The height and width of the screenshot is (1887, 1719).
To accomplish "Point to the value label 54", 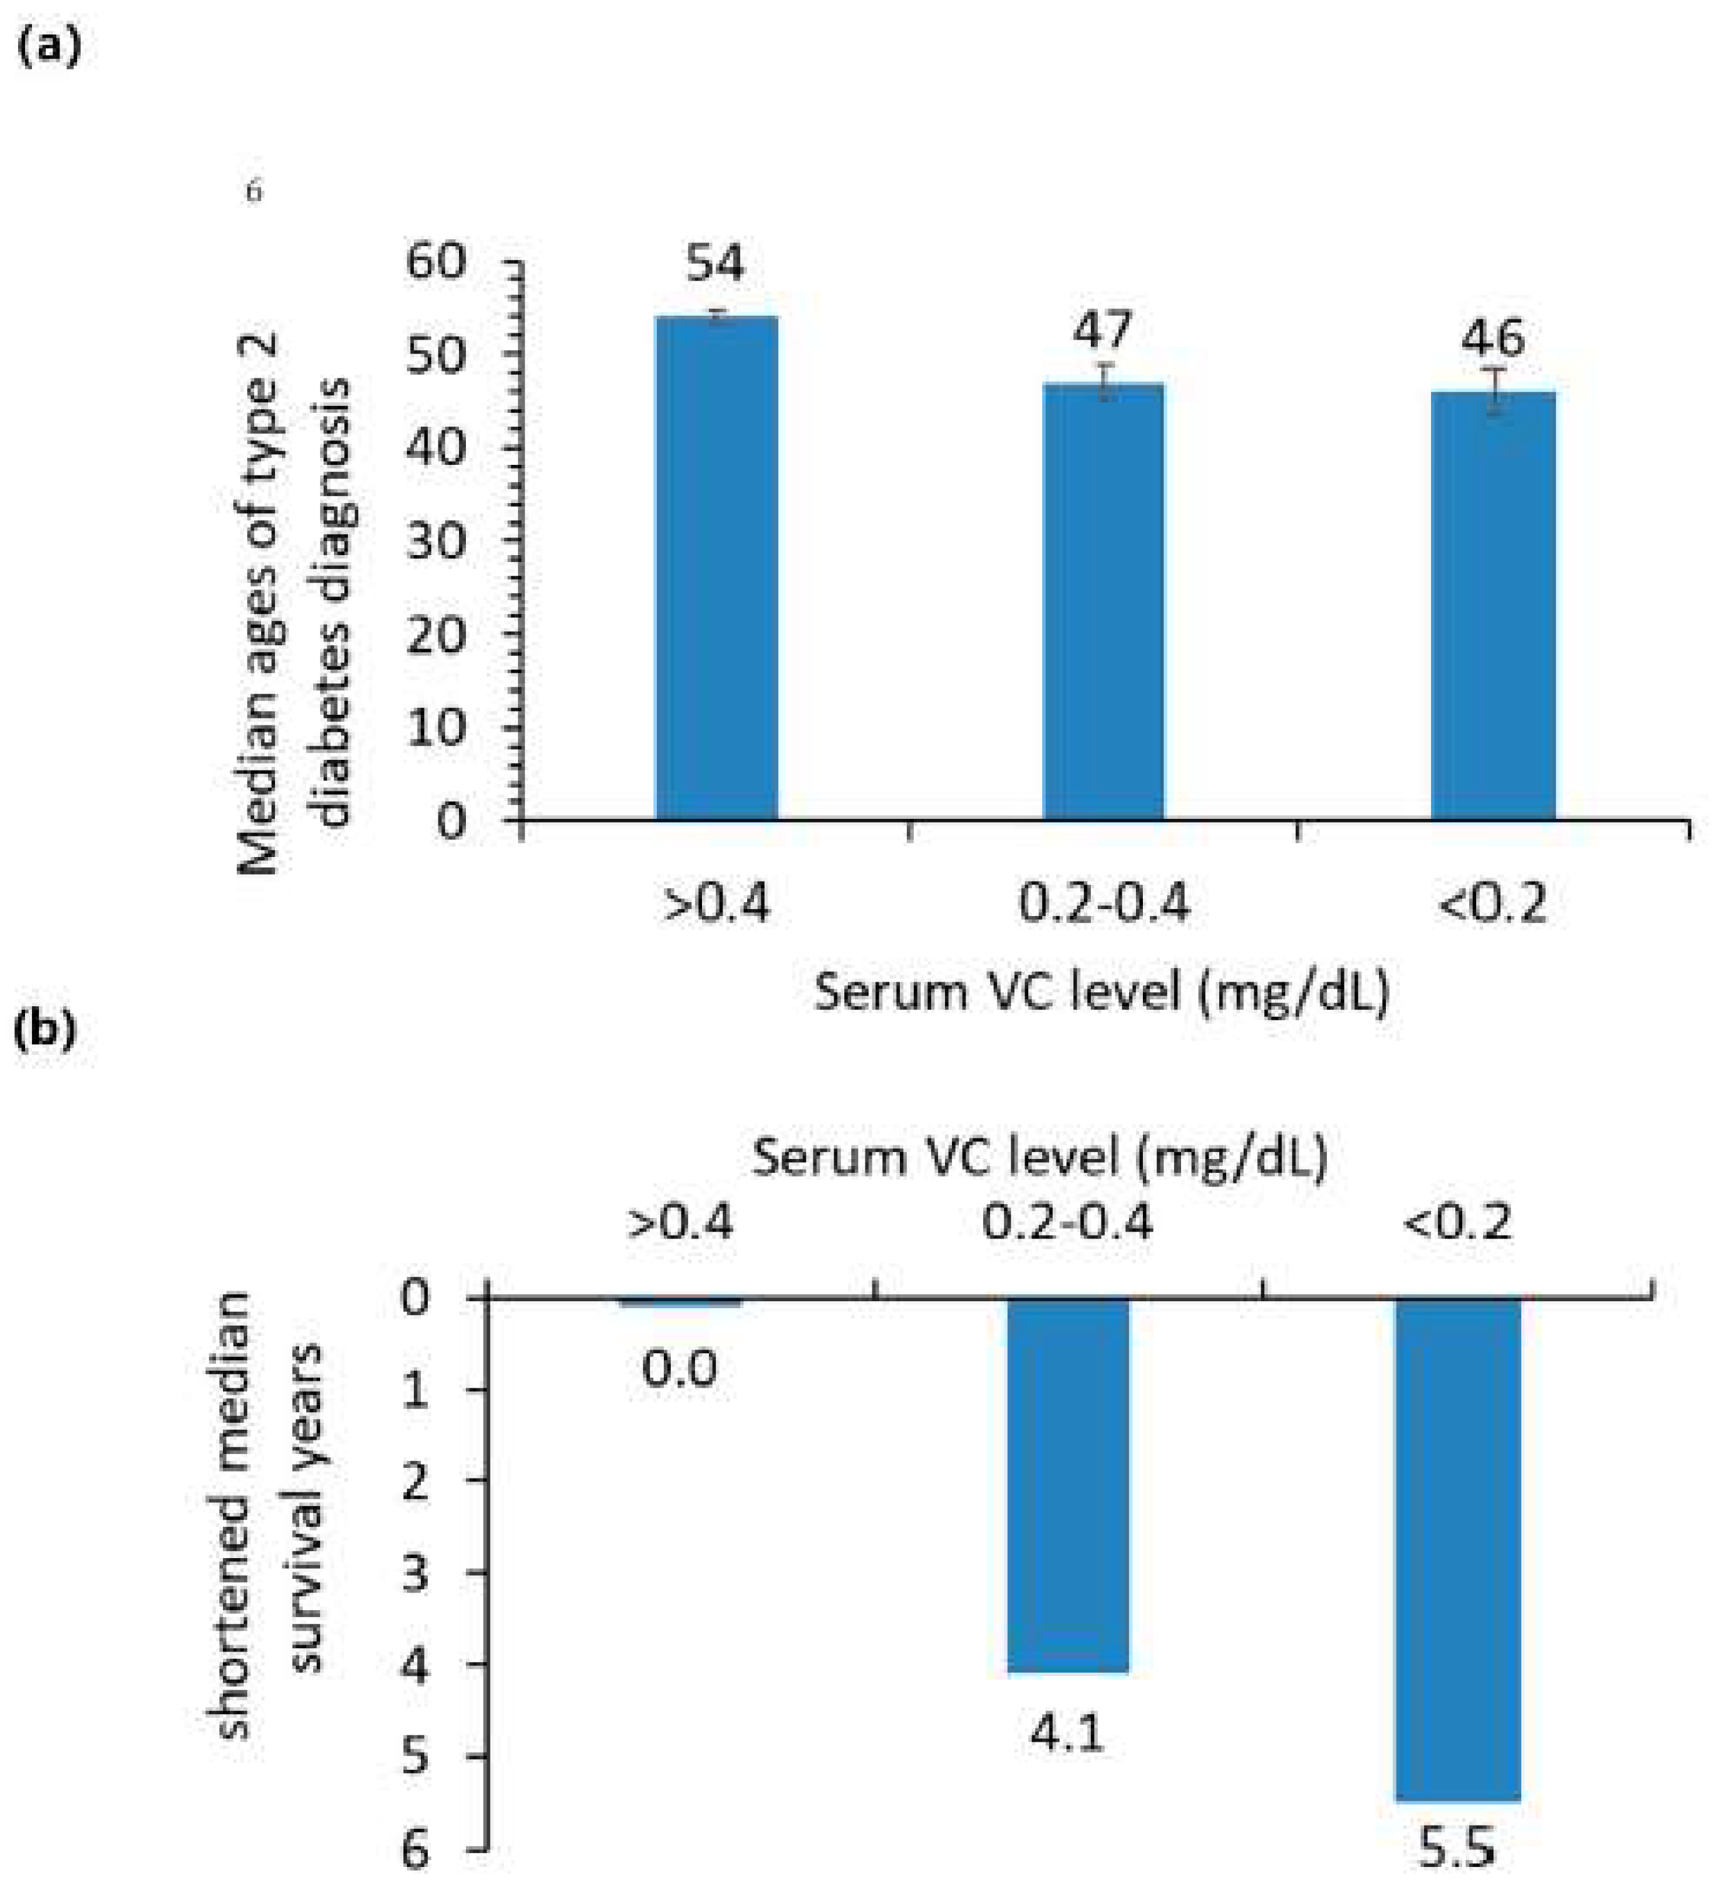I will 715,263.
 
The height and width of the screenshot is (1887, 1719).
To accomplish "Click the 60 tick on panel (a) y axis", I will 436,261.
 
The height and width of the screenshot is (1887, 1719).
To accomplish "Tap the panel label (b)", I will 46,1029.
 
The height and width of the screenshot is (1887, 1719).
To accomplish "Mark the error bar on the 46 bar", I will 1494,390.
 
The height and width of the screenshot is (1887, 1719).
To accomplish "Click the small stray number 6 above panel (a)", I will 254,192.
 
